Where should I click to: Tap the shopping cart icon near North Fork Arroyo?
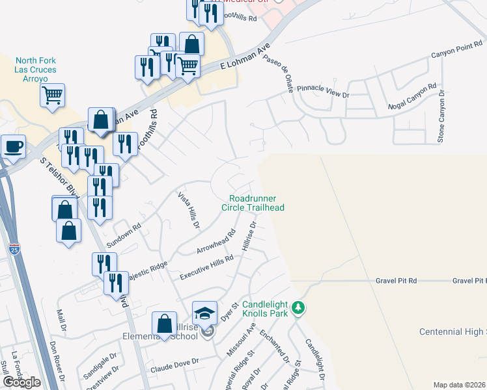tap(52, 96)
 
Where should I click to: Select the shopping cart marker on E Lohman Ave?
tap(188, 64)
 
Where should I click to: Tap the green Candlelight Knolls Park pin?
tap(298, 306)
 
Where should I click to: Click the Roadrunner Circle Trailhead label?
tap(257, 203)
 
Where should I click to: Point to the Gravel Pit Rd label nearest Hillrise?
tap(395, 281)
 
